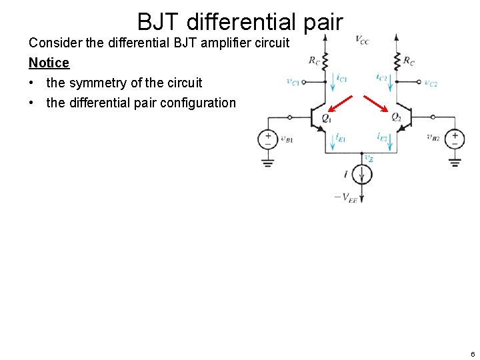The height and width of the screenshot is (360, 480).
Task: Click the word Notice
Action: point(49,63)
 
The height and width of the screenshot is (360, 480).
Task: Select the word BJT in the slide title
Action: point(159,22)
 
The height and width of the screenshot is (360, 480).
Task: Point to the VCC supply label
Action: point(362,40)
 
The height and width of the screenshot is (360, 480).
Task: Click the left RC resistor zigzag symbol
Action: point(325,60)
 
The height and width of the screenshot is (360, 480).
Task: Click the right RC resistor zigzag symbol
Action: point(396,60)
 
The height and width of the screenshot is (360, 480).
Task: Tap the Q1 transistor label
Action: point(326,117)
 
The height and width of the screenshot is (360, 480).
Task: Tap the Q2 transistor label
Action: point(396,117)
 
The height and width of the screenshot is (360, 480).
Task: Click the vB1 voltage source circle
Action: point(268,139)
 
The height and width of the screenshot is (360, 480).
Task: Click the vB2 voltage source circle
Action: point(455,139)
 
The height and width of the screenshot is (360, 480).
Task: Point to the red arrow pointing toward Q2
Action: point(375,105)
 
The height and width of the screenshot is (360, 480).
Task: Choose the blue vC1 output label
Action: point(292,82)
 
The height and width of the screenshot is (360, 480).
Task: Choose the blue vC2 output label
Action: point(431,83)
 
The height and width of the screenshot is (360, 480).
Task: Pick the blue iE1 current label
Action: point(341,137)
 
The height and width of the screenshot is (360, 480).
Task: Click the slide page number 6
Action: point(472,354)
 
